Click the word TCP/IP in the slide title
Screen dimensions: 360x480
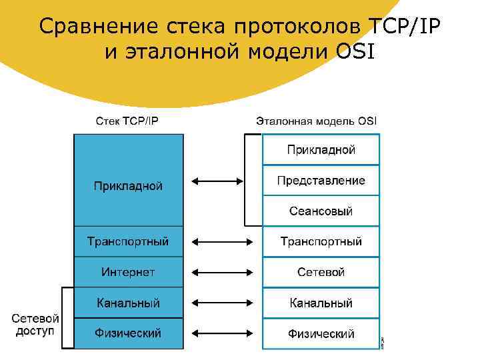[405, 26]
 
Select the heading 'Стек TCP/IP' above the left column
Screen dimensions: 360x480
[127, 121]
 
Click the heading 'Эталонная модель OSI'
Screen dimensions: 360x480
[317, 121]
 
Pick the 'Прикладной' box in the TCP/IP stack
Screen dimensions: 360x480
[128, 185]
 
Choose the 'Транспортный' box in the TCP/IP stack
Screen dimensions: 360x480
[128, 241]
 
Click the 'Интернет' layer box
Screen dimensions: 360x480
[128, 272]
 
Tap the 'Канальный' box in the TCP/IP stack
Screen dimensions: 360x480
[128, 303]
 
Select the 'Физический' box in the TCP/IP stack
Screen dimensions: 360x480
[128, 333]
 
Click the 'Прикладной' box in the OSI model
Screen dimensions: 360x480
[321, 150]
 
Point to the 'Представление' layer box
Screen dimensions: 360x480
[321, 181]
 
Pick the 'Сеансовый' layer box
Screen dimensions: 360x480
[321, 211]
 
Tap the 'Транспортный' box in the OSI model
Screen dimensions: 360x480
[321, 241]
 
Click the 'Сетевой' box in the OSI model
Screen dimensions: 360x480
[321, 272]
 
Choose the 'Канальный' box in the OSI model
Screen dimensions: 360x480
[321, 303]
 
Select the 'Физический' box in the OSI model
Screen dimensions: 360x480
[321, 333]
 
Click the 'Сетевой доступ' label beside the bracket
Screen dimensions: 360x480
[35, 325]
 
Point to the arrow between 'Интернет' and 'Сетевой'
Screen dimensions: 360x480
[222, 272]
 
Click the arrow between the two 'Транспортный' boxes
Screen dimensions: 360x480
[222, 241]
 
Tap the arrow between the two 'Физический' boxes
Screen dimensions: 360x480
[222, 333]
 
